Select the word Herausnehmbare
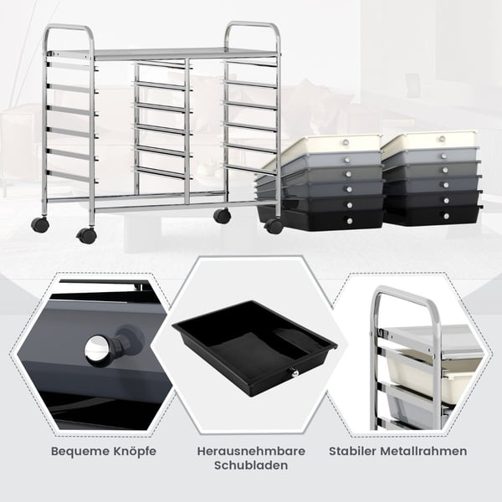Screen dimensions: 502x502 pos(251,451)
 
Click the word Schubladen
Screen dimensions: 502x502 pos(251,465)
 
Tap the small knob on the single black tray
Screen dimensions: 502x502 pos(293,372)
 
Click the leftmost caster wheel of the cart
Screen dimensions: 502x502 pos(40,224)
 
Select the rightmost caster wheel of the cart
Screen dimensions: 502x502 pos(274,226)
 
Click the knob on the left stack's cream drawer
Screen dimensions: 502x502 pos(346,142)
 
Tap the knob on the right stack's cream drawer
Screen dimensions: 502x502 pos(442,139)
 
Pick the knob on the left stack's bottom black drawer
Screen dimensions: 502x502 pos(349,221)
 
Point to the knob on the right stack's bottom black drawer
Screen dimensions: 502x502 pos(446,216)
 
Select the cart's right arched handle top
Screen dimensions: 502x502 pos(252,24)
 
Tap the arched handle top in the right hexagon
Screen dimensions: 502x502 pos(404,292)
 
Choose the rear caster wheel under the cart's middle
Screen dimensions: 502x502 pos(222,216)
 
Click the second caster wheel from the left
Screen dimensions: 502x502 pos(86,236)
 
